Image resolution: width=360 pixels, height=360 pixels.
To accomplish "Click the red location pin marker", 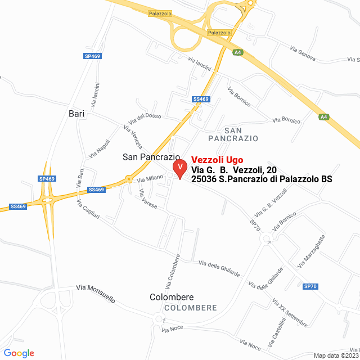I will [179, 168].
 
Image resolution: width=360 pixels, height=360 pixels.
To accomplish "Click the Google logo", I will [19, 353].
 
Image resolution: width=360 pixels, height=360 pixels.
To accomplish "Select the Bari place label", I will [76, 114].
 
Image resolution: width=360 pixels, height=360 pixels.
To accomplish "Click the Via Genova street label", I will [303, 54].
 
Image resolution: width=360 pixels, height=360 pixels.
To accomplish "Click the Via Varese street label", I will [147, 199].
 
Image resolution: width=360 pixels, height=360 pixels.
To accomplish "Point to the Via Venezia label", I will [133, 137].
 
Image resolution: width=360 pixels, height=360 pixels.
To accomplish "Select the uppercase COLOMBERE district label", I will [191, 308].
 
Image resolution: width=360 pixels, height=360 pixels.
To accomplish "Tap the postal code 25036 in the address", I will [204, 179].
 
